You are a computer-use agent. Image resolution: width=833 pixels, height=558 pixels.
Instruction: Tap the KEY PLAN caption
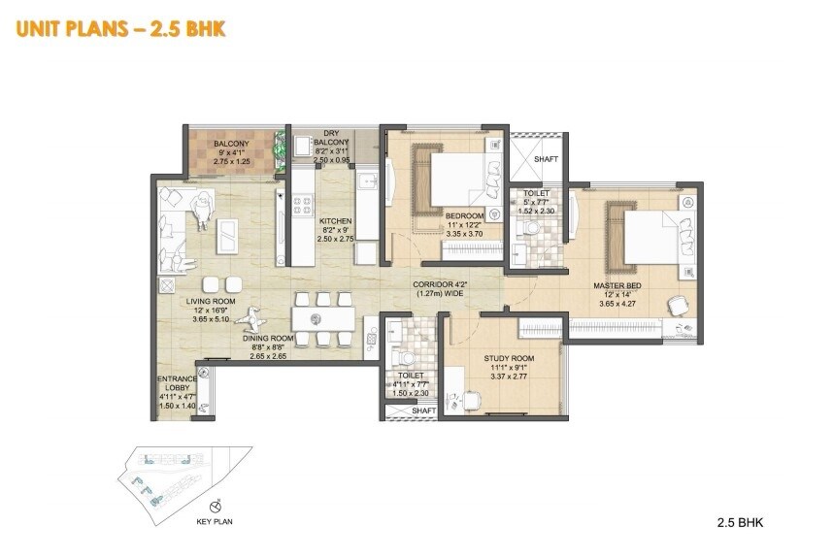[215, 521]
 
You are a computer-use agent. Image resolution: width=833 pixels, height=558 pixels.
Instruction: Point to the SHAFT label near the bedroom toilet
[545, 159]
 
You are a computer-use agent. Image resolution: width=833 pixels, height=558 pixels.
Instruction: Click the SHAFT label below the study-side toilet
[423, 410]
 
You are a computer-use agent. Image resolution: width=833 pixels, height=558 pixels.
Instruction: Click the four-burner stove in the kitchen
[302, 205]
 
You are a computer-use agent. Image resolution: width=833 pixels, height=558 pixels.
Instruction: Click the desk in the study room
[467, 400]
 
